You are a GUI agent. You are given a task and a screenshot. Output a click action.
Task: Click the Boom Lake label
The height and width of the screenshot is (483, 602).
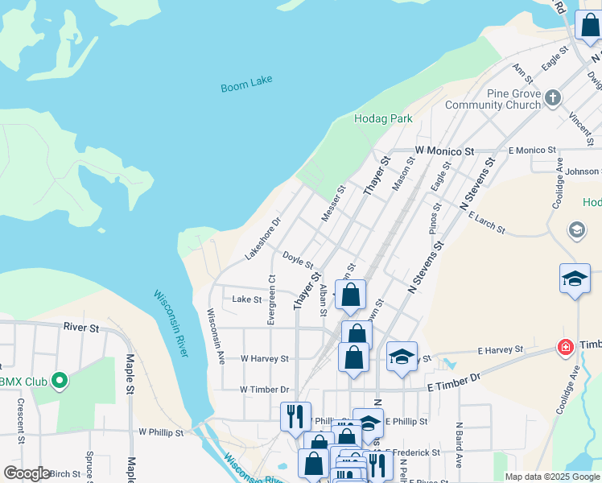point(247,84)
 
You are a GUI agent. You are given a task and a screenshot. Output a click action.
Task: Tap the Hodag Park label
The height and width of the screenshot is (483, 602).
point(383,118)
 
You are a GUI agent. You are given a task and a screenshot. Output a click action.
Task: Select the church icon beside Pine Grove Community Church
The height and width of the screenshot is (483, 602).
point(552,99)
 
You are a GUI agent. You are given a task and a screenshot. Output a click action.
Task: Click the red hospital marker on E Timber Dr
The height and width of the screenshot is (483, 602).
point(566,348)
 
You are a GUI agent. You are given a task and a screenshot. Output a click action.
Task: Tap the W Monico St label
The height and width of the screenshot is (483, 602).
point(445,151)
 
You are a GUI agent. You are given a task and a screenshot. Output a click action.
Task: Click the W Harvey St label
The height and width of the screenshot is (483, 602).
point(265,359)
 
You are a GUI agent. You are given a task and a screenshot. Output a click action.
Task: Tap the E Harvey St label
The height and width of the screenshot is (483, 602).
point(500,350)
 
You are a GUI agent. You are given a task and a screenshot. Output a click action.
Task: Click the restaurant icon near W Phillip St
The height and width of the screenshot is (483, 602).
point(295,415)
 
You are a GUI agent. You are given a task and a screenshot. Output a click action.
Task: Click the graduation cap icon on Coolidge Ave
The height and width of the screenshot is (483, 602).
point(575,279)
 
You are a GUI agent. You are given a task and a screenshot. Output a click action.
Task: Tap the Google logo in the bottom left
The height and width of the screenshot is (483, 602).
point(27,473)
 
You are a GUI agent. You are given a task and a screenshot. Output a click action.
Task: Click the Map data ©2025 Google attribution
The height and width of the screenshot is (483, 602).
point(551,477)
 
